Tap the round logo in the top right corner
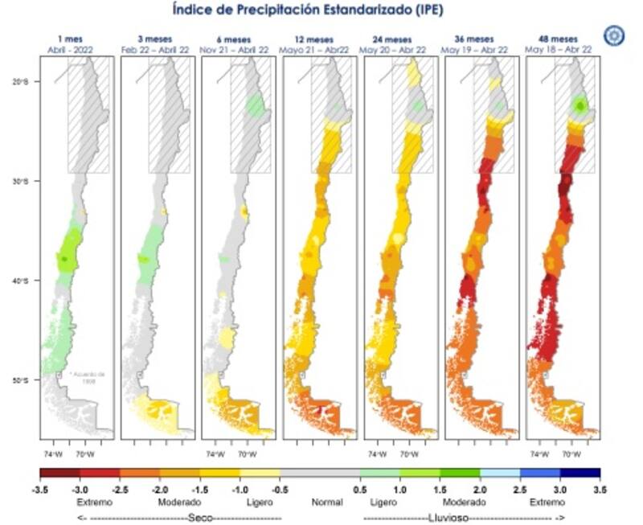614,35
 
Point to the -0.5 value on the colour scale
281,488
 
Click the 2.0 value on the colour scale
481,488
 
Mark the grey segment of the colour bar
320,474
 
